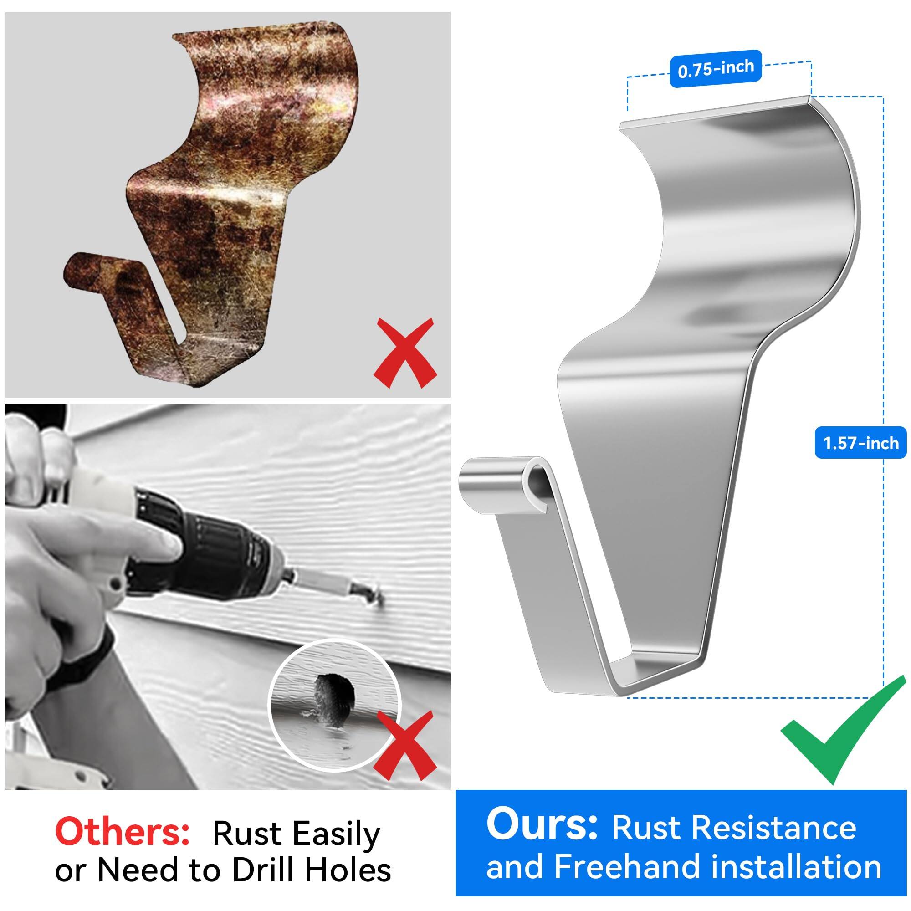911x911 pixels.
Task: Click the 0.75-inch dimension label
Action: click(x=715, y=69)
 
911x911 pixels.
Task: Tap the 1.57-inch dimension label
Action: click(x=860, y=443)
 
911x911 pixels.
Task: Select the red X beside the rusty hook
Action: click(x=404, y=353)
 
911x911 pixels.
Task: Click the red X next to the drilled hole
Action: click(x=406, y=747)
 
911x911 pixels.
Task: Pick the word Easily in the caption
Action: click(x=336, y=834)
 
